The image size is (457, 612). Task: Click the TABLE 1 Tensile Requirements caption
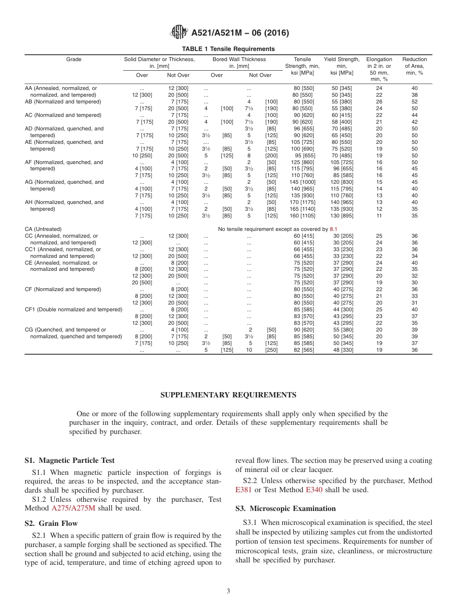(228, 49)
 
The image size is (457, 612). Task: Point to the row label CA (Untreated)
(43, 229)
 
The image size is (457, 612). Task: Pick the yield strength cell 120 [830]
(342, 182)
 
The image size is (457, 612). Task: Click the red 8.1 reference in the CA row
(333, 229)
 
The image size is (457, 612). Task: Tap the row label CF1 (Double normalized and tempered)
(73, 310)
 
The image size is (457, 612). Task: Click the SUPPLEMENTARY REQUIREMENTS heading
(228, 395)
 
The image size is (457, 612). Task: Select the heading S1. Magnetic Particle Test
(69, 460)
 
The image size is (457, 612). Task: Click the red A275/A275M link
(74, 508)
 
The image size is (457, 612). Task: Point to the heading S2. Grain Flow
(51, 523)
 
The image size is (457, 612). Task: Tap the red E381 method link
(243, 490)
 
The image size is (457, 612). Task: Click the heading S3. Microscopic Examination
(285, 508)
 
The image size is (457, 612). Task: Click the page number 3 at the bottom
(228, 591)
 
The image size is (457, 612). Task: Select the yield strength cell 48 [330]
(342, 350)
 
